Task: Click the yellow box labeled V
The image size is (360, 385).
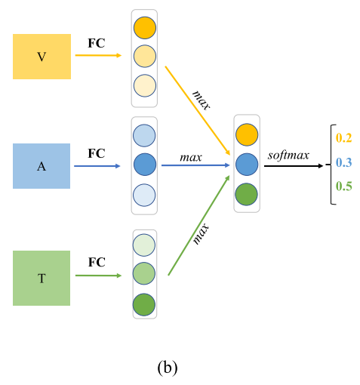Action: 42,57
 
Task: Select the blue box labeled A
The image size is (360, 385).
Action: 42,166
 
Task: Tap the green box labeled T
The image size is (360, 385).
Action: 42,278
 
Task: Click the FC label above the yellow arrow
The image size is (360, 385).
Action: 96,42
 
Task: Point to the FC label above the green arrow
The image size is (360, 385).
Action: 96,263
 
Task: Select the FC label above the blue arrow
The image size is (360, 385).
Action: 96,152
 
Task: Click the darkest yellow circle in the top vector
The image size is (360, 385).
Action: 145,29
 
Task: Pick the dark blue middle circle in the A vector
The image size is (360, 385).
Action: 144,165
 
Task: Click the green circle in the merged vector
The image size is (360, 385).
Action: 247,192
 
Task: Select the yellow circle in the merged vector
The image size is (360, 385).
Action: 247,135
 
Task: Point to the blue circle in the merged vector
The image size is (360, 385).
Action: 247,164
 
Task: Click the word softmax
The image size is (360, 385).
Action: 288,156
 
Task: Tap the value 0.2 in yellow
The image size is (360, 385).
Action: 344,137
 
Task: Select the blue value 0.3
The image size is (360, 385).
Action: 344,162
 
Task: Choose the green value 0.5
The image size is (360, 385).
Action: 344,186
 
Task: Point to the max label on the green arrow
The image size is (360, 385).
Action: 201,233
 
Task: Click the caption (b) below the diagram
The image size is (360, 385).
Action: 167,367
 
